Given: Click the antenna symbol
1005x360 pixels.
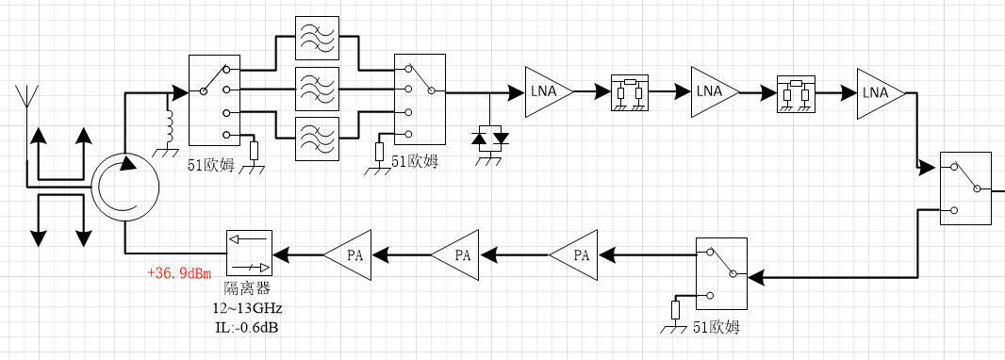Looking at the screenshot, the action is point(27,96).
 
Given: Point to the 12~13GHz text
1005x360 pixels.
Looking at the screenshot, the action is point(248,308).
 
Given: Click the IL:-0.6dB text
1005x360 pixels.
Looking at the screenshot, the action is point(247,327).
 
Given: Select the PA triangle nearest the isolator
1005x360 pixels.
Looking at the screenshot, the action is point(348,255).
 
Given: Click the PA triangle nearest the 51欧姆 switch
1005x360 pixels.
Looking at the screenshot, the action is point(573,255).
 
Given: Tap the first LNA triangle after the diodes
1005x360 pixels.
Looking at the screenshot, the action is point(549,92).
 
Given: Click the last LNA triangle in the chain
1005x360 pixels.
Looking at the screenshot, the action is point(881,92).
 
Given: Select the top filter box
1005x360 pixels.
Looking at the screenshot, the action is point(317,39).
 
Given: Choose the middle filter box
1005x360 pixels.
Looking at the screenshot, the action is point(317,88).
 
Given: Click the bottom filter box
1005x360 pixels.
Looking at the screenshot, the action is point(317,138).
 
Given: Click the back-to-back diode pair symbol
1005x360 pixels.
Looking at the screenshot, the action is point(490,139).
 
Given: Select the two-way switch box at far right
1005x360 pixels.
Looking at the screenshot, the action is point(965,188).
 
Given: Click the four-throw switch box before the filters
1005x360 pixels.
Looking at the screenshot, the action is point(215,100).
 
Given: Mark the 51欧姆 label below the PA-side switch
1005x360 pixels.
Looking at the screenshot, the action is point(717,328).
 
